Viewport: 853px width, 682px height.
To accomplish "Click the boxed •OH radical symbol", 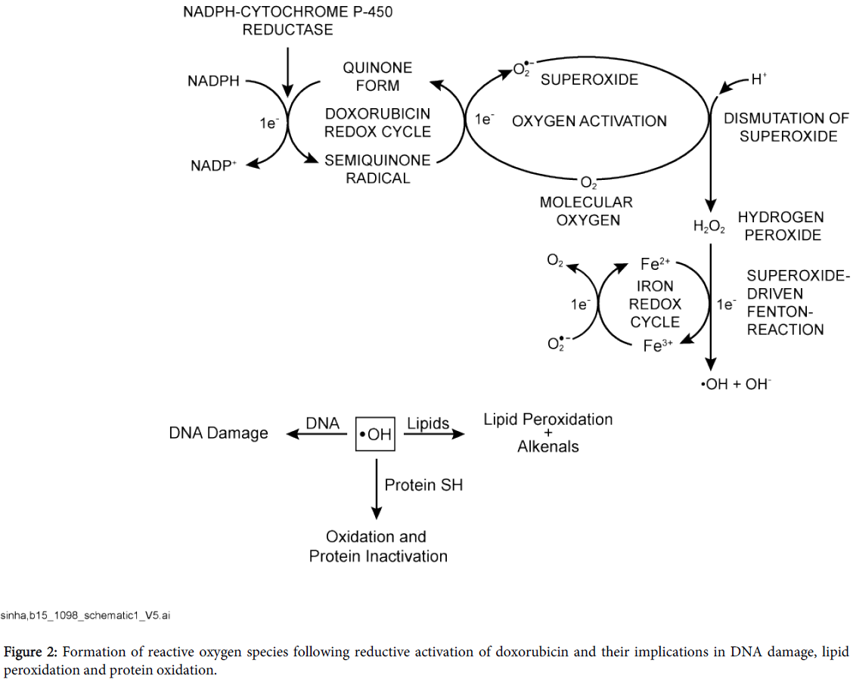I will click(x=375, y=434).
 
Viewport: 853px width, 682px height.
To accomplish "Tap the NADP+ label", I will click(x=214, y=165).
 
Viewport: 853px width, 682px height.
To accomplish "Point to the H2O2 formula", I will click(x=709, y=225).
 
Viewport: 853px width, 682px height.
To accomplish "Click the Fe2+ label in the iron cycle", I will click(x=656, y=265).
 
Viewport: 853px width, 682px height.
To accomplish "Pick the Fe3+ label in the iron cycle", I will click(x=656, y=346).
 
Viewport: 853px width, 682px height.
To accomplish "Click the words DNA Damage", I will click(x=219, y=433).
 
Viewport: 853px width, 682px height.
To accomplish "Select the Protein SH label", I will click(x=423, y=485).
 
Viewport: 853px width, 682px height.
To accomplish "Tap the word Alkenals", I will click(x=548, y=447).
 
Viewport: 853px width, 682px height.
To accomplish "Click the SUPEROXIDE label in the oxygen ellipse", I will click(x=589, y=79).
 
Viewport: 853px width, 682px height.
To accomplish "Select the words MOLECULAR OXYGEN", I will click(x=587, y=211).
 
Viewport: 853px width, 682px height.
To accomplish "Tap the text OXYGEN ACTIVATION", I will click(x=590, y=121).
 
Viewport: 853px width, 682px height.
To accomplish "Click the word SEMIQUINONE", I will click(x=377, y=160).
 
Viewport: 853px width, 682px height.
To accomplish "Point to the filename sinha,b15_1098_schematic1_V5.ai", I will click(x=85, y=616).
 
